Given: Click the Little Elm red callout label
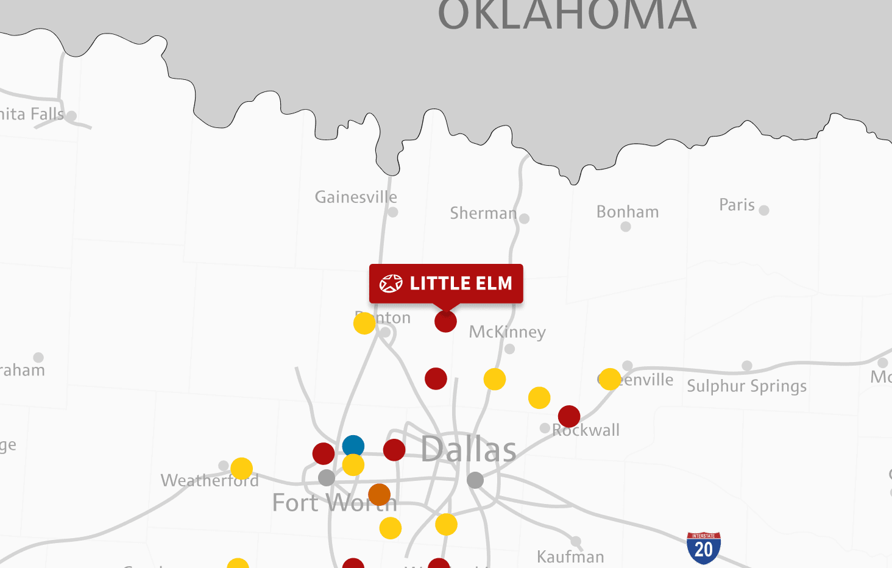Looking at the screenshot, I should (446, 283).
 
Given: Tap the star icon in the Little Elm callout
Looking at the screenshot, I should (391, 283).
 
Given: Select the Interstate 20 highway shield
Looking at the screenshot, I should (704, 548).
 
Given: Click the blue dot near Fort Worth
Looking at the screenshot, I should (353, 446).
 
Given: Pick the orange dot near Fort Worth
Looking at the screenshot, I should (379, 495).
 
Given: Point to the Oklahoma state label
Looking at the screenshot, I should (567, 15).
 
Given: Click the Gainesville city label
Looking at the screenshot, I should (356, 197).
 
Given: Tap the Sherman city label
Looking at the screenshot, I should (483, 213).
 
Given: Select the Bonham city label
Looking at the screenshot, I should (628, 212).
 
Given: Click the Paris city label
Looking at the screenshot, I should (737, 205).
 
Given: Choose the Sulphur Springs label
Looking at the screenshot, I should (746, 386).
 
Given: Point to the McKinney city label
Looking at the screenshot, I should (507, 332).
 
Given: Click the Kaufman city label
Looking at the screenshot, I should (570, 556).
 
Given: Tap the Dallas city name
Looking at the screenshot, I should (469, 450).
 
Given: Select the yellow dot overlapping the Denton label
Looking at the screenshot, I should (364, 323).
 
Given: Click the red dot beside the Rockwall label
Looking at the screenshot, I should (569, 417).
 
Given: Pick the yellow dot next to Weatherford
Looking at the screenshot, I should (241, 469).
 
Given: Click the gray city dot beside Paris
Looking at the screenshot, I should (764, 210).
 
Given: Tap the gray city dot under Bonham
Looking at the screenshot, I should (626, 227).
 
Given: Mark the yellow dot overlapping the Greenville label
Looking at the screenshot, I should (610, 379).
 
